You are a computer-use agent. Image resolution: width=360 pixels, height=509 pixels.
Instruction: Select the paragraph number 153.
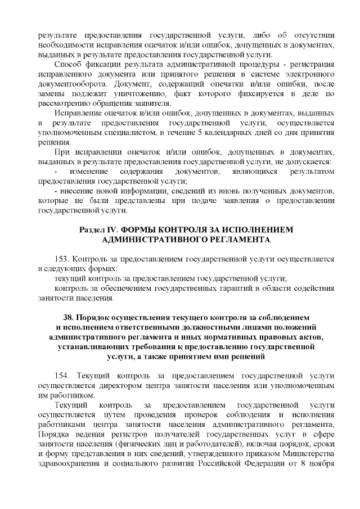pyautogui.click(x=62, y=259)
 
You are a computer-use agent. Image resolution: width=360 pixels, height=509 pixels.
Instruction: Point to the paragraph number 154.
pyautogui.click(x=62, y=375)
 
